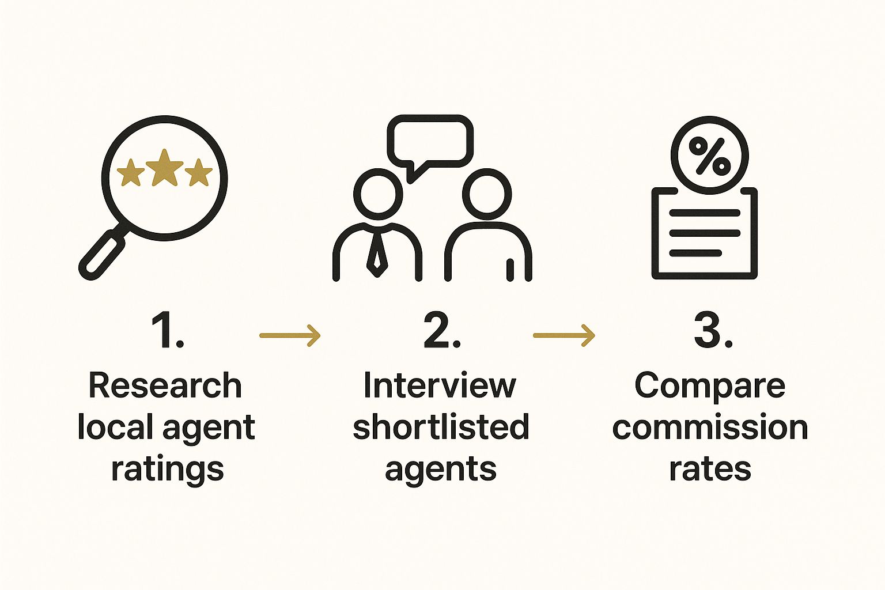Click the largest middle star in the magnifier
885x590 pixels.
click(164, 168)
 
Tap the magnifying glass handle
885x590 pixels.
click(103, 254)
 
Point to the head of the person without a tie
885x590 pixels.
click(487, 194)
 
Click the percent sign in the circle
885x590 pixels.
click(710, 156)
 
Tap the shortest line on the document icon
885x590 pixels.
click(695, 253)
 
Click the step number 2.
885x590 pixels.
click(442, 330)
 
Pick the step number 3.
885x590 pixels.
click(713, 330)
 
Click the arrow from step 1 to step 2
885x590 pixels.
click(290, 335)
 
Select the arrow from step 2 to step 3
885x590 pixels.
click(564, 335)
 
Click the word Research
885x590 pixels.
click(165, 385)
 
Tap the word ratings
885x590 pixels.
click(168, 470)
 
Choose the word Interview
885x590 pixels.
click(440, 385)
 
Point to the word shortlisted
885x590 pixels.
click(441, 427)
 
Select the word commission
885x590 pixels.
click(710, 428)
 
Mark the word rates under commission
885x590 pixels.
click(710, 470)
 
